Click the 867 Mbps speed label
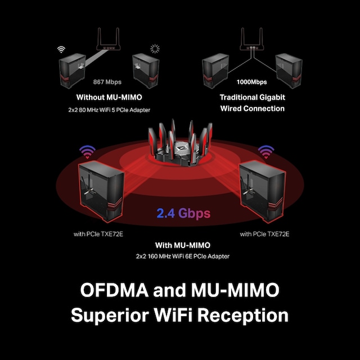click(x=107, y=81)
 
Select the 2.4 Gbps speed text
click(x=183, y=213)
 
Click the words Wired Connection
click(x=252, y=108)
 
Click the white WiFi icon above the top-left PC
click(x=61, y=49)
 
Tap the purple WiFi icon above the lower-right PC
click(x=265, y=151)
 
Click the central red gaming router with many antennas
click(x=179, y=147)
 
